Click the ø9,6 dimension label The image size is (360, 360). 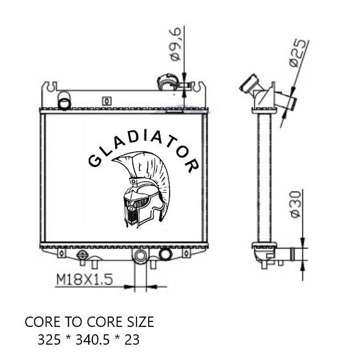point(176,45)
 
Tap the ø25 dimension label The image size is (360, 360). point(298,53)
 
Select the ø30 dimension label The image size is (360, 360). point(296,204)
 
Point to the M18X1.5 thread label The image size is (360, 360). point(84,279)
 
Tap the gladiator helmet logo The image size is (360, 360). point(141,189)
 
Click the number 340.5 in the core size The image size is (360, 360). point(92,340)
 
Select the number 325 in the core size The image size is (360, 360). point(49,340)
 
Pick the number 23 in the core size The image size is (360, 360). point(132,340)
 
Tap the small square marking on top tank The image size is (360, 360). point(107,101)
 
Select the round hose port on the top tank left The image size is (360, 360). point(64,100)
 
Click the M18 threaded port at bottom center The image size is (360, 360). point(140,255)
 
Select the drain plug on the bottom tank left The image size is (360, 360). point(82,255)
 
